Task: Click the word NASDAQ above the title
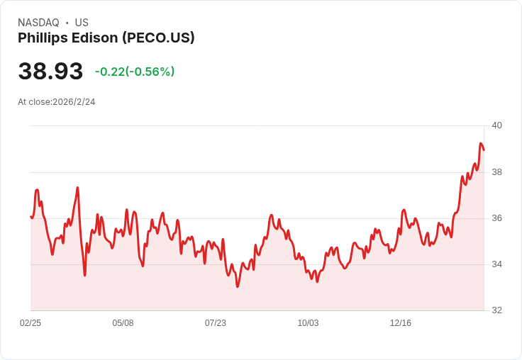click(38, 23)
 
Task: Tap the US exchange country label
click(82, 23)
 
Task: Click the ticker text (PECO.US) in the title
click(158, 38)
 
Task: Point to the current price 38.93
click(50, 71)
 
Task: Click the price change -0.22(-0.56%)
click(135, 72)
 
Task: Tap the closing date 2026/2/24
click(74, 102)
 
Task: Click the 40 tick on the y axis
click(497, 125)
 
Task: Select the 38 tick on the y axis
click(497, 172)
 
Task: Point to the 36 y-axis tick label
click(497, 218)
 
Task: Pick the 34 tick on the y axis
click(497, 264)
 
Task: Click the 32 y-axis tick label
click(497, 310)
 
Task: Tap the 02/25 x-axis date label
click(30, 323)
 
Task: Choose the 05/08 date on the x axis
click(123, 323)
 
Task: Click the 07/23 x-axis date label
click(216, 323)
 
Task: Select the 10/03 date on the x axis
click(308, 323)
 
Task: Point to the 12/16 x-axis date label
click(401, 323)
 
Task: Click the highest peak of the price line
click(481, 143)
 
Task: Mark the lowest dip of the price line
click(238, 286)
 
